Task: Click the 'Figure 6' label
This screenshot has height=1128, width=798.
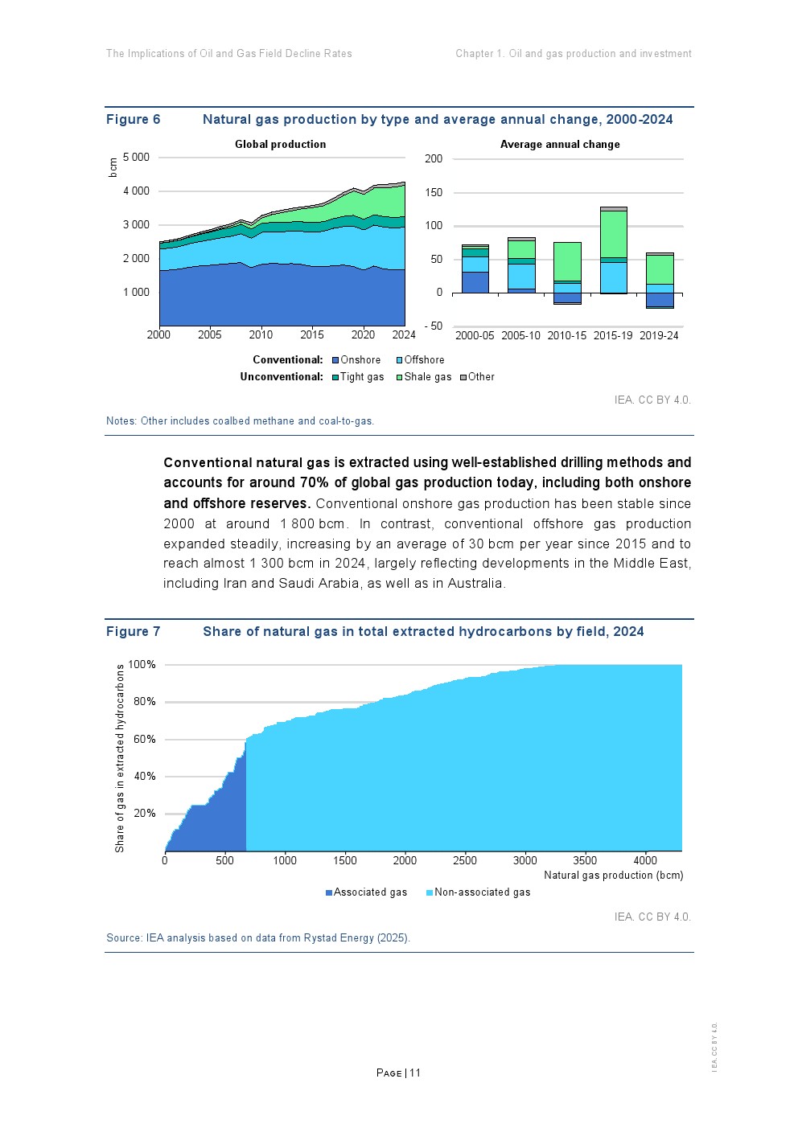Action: tap(133, 120)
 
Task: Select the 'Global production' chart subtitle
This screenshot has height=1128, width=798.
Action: tap(280, 145)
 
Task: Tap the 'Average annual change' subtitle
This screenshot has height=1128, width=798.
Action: tap(560, 145)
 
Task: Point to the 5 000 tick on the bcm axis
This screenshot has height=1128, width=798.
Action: tap(136, 158)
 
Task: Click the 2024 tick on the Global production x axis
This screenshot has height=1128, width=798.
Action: tap(404, 334)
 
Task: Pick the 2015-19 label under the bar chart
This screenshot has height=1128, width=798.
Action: tap(613, 335)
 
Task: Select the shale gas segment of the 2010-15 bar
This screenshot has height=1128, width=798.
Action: tap(567, 261)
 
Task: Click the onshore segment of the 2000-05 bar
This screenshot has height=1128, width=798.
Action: tap(475, 282)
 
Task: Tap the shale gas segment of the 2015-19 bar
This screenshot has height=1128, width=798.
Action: tap(613, 234)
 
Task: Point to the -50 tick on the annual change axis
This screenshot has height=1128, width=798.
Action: tap(434, 326)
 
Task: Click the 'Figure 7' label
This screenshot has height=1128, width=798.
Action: tap(133, 632)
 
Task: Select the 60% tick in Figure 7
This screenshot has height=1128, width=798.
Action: tap(145, 739)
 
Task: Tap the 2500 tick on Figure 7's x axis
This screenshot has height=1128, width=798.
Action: tap(465, 860)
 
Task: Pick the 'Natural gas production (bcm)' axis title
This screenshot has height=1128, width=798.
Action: tap(613, 876)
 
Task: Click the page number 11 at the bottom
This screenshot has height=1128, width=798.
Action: tap(415, 1073)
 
